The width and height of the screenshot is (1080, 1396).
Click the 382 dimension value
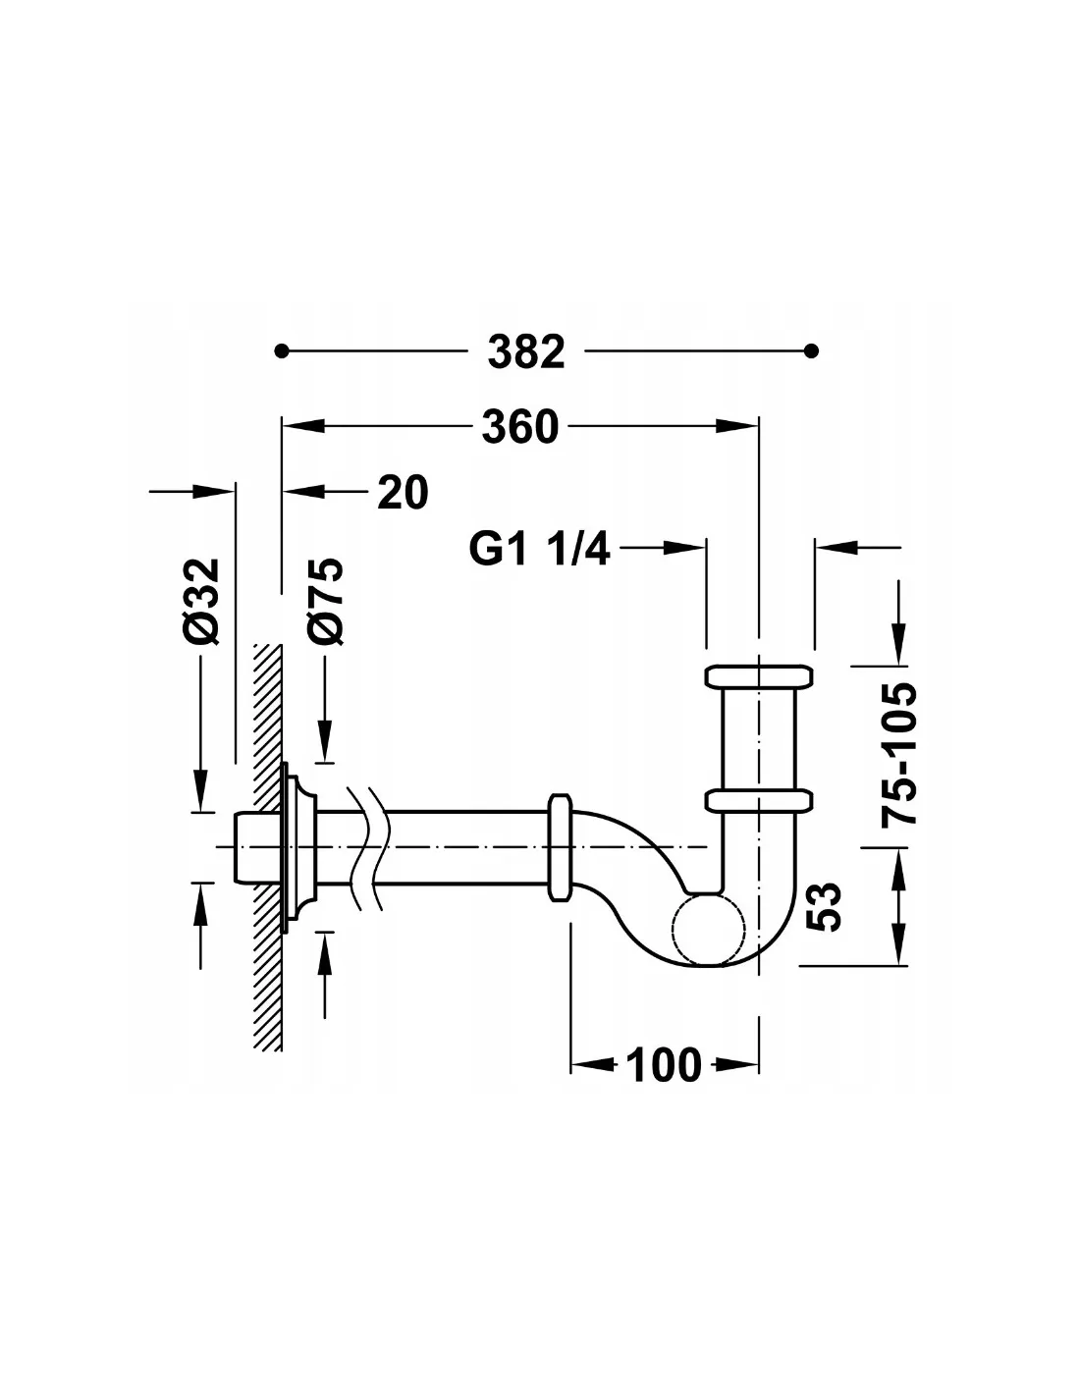pyautogui.click(x=525, y=351)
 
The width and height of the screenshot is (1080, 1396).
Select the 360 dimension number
pyautogui.click(x=520, y=427)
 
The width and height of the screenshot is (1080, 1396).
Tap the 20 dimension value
pyautogui.click(x=403, y=493)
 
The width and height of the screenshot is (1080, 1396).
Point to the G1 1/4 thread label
pyautogui.click(x=539, y=548)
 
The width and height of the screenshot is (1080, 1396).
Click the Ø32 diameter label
pyautogui.click(x=201, y=601)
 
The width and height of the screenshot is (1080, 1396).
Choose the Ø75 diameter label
pyautogui.click(x=325, y=601)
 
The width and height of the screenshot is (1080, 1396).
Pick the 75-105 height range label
pyautogui.click(x=898, y=754)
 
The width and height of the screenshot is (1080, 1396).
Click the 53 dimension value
pyautogui.click(x=823, y=907)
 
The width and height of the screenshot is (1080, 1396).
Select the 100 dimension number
pyautogui.click(x=663, y=1064)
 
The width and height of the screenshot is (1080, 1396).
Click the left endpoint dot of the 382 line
pyautogui.click(x=280, y=350)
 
